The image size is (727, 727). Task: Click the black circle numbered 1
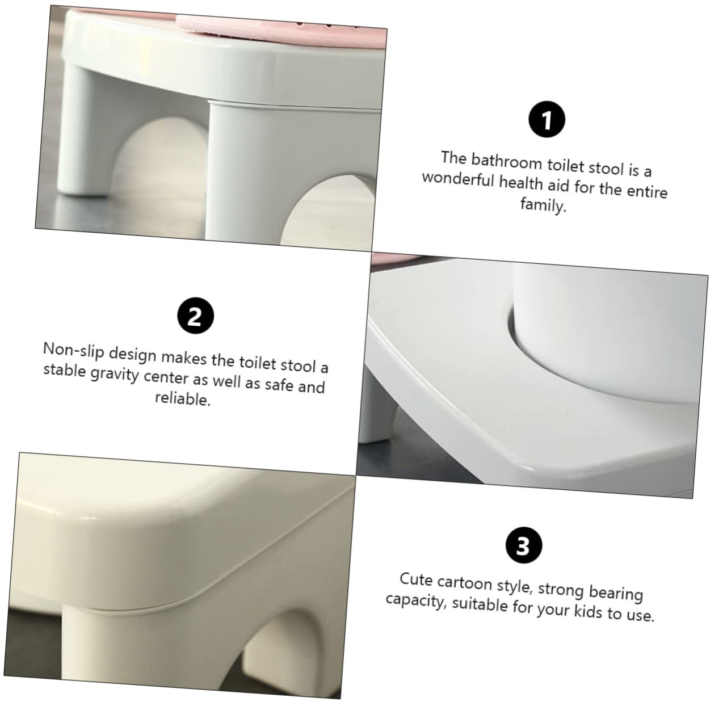point(547,120)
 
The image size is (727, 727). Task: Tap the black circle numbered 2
point(195,316)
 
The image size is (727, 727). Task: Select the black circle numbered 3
point(523,545)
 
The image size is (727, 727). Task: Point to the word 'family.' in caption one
point(544,204)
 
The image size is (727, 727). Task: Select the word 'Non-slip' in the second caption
point(74,350)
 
